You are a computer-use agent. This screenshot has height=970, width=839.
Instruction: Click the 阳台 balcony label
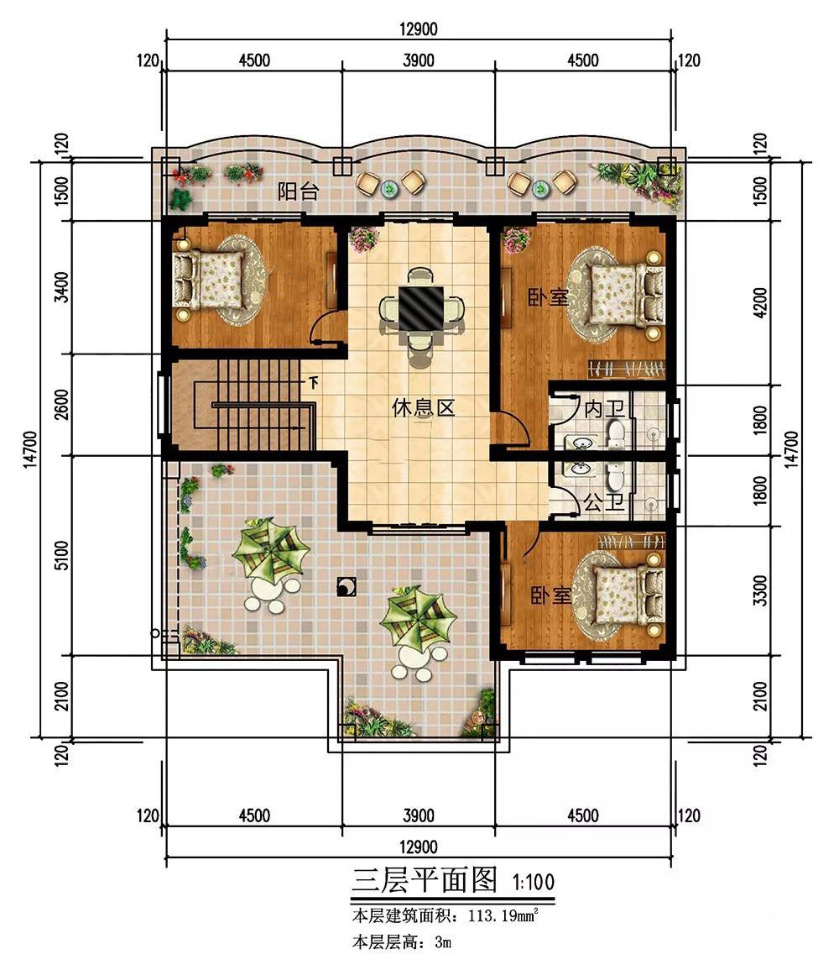(298, 191)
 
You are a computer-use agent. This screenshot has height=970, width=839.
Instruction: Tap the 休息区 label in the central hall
(423, 407)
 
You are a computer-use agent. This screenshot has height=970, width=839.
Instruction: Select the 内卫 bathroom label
(604, 409)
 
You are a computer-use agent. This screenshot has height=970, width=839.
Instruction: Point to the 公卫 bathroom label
(603, 502)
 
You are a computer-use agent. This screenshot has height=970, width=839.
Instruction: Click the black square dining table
(420, 309)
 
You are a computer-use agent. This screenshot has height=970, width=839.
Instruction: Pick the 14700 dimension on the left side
(31, 450)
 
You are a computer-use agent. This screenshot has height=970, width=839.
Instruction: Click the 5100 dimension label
(62, 555)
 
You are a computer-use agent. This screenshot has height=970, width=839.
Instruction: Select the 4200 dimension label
(761, 302)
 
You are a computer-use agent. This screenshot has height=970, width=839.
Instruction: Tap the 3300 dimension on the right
(761, 590)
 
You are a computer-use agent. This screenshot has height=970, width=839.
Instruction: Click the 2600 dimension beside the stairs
(62, 404)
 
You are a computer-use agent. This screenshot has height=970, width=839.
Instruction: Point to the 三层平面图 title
(425, 879)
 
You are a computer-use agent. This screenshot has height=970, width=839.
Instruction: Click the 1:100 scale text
(533, 882)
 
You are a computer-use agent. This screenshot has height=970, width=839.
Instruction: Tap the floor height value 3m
(443, 942)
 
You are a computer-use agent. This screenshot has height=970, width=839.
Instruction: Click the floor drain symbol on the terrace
(346, 587)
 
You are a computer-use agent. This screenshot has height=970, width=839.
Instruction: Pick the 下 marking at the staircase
(314, 383)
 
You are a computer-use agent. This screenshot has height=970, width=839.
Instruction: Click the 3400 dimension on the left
(62, 287)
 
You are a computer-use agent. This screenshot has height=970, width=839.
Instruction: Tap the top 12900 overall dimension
(419, 29)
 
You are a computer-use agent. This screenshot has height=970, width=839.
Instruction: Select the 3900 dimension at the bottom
(419, 815)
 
